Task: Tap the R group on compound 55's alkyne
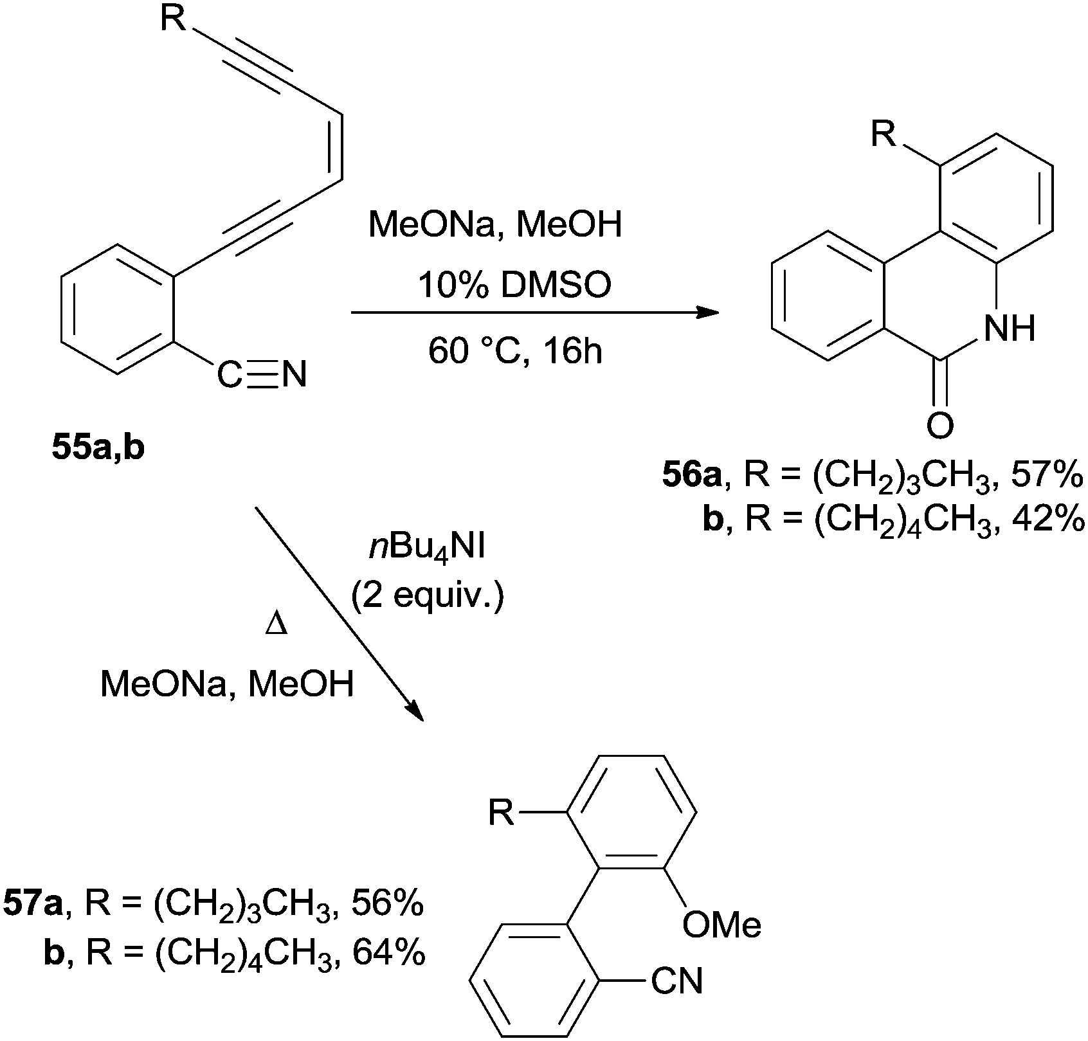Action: tap(173, 19)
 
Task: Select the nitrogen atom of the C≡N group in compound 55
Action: tap(294, 375)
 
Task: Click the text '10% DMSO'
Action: tap(514, 286)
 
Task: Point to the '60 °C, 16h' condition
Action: tap(515, 350)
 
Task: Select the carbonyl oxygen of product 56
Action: tap(940, 426)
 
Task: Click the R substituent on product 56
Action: tap(885, 136)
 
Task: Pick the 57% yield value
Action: tap(1048, 479)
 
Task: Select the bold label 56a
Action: tap(693, 479)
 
